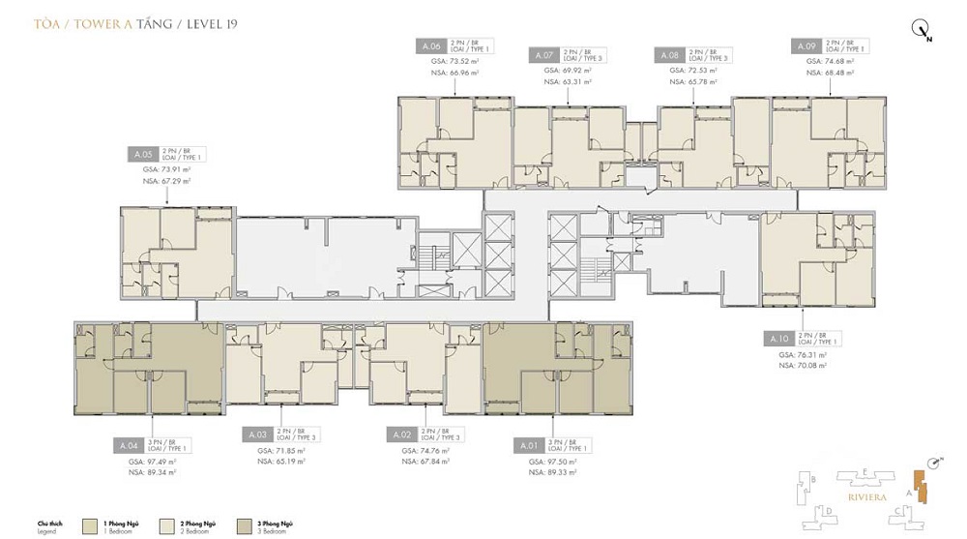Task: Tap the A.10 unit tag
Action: (780, 339)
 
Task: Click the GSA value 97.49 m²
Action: (153, 463)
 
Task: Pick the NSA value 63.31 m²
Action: (569, 83)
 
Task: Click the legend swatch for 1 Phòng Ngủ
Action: (92, 525)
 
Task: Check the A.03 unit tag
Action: (255, 434)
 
